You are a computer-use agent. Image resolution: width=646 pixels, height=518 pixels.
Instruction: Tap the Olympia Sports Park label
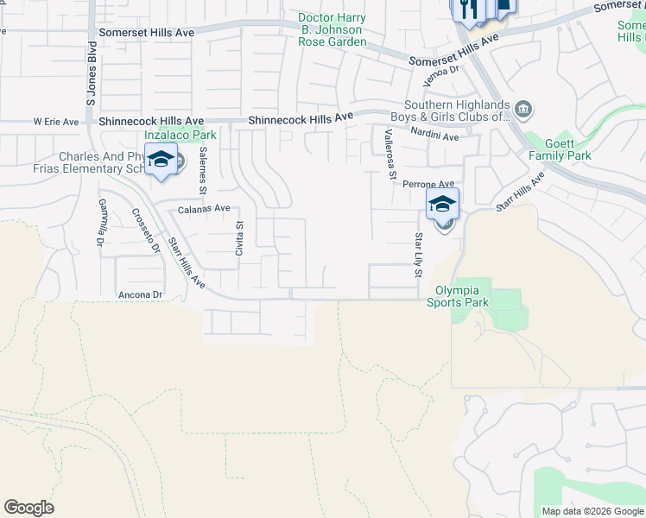(x=462, y=297)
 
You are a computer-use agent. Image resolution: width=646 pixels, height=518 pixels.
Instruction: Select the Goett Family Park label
(x=568, y=149)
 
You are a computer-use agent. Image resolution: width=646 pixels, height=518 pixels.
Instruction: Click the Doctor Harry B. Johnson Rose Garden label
(x=332, y=29)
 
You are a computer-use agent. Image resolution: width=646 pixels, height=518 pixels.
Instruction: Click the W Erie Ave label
(x=56, y=123)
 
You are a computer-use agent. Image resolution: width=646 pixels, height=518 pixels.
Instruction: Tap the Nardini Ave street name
(x=434, y=136)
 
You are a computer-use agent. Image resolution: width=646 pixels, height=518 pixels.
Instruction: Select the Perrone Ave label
(x=434, y=185)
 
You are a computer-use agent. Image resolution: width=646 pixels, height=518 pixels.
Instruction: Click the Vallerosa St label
(x=390, y=155)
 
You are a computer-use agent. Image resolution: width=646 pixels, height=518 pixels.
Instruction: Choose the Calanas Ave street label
(x=204, y=209)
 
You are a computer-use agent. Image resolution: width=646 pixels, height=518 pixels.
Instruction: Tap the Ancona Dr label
(x=140, y=294)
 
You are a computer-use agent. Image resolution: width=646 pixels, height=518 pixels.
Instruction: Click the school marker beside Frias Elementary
(x=161, y=161)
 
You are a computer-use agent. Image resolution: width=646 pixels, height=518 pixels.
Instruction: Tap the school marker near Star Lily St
(x=442, y=206)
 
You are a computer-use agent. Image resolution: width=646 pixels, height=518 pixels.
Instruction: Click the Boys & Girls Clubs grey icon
(x=523, y=110)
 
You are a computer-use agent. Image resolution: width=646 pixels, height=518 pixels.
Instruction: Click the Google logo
(x=28, y=508)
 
